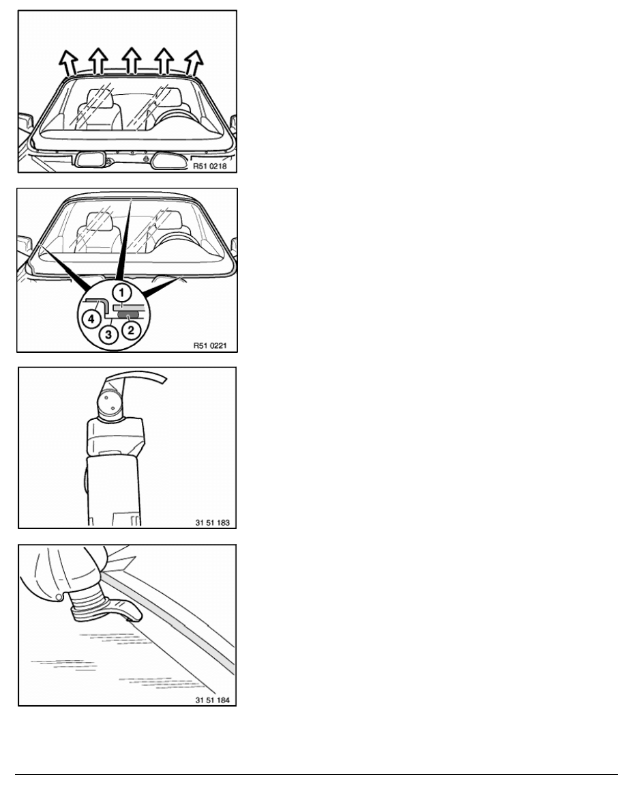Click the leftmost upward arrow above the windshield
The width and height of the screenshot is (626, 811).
(x=68, y=63)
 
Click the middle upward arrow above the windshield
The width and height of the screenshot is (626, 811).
(x=132, y=60)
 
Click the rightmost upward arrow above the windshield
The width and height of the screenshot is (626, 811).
(x=194, y=63)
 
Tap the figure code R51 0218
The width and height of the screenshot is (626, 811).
(x=210, y=167)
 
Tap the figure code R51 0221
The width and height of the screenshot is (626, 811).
(x=210, y=345)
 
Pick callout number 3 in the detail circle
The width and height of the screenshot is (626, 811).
(x=108, y=335)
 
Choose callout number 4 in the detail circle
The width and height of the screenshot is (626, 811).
(x=91, y=319)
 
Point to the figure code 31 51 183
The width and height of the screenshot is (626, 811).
(x=212, y=522)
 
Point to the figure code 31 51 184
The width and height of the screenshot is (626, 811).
(x=212, y=700)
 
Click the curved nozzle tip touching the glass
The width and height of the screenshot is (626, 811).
(x=128, y=610)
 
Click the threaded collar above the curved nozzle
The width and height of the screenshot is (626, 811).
(x=89, y=605)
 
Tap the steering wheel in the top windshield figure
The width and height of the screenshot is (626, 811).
(x=177, y=119)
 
